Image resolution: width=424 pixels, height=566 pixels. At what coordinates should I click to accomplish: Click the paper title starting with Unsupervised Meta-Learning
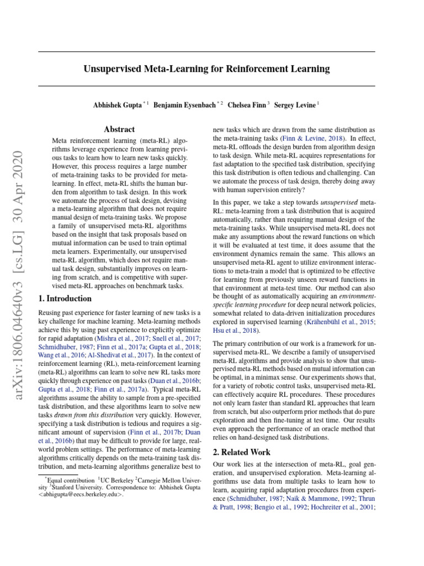tap(206, 69)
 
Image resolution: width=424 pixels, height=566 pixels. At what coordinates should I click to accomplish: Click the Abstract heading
tap(119, 129)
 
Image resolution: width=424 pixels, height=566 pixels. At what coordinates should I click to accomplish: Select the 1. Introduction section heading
tap(65, 298)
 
